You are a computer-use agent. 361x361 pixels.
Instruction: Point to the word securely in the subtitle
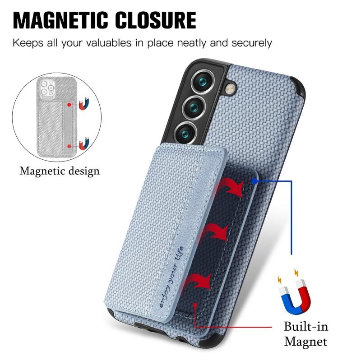click(x=252, y=43)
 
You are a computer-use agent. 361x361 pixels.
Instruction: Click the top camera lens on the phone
click(x=203, y=82)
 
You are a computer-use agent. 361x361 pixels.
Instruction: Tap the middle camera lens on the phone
click(x=194, y=107)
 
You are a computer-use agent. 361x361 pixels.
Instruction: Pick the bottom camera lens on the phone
click(x=185, y=133)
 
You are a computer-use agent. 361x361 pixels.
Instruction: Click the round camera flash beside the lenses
click(x=231, y=88)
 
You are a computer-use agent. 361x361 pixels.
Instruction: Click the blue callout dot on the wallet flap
click(x=255, y=181)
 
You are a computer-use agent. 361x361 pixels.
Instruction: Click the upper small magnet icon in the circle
click(x=84, y=104)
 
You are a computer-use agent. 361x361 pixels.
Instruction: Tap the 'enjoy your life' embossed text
click(x=172, y=277)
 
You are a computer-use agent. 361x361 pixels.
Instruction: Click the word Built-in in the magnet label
click(x=306, y=326)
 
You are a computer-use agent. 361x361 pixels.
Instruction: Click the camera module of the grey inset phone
click(x=47, y=88)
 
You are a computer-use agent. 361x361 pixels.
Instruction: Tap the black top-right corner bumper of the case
click(x=299, y=87)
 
